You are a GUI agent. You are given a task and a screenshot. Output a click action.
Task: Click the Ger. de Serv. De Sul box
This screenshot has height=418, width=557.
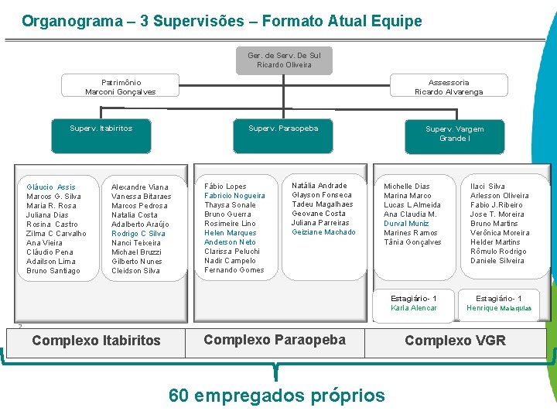click(x=284, y=60)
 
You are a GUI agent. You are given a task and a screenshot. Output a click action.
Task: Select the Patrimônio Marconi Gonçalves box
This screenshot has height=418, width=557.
click(x=120, y=87)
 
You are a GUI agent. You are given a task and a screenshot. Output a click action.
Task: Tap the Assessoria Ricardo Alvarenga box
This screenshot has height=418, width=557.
click(x=449, y=87)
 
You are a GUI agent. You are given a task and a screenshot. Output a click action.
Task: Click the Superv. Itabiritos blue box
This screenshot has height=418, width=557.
click(x=101, y=128)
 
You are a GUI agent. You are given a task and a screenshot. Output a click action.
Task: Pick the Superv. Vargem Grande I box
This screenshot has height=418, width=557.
click(x=454, y=134)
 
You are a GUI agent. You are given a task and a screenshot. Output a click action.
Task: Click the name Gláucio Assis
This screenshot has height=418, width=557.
click(x=51, y=187)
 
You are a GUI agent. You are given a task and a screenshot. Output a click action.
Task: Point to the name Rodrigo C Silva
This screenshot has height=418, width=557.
click(x=138, y=234)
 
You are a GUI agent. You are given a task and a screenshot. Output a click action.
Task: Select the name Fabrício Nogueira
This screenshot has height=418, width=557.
click(x=234, y=196)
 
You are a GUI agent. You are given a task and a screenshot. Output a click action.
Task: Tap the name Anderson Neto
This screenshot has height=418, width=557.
click(x=230, y=242)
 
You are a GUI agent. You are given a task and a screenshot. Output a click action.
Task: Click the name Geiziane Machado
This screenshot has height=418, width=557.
click(x=323, y=232)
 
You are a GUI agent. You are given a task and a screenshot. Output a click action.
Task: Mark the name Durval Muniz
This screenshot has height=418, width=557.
click(x=406, y=224)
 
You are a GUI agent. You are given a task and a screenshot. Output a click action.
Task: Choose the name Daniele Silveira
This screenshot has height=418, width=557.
click(x=497, y=261)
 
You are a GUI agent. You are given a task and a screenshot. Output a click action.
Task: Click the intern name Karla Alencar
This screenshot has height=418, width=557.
click(x=414, y=308)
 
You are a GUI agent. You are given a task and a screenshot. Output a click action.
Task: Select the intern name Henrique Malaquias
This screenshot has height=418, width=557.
click(x=499, y=308)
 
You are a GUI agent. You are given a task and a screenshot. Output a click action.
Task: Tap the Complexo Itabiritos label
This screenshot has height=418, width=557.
click(x=96, y=341)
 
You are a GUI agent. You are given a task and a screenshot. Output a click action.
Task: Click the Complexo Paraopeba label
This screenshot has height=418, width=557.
click(x=274, y=340)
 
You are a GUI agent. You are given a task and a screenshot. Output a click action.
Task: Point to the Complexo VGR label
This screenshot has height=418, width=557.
click(x=455, y=341)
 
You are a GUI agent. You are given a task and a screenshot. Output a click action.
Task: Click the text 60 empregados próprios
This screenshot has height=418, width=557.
click(x=276, y=396)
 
